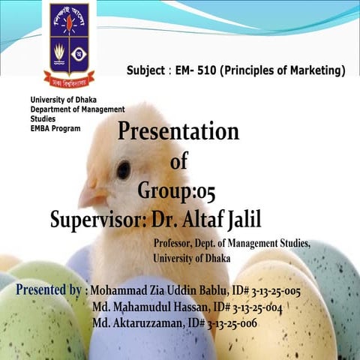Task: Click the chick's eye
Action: (x=123, y=169)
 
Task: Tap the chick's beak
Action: (x=92, y=196)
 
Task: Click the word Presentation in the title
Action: (x=178, y=132)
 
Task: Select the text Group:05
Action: (x=176, y=190)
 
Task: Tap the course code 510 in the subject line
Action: (x=211, y=71)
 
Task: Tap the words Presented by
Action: (x=49, y=289)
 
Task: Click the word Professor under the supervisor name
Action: (x=175, y=244)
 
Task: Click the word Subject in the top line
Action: (x=147, y=71)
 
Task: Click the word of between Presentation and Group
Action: (x=178, y=161)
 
